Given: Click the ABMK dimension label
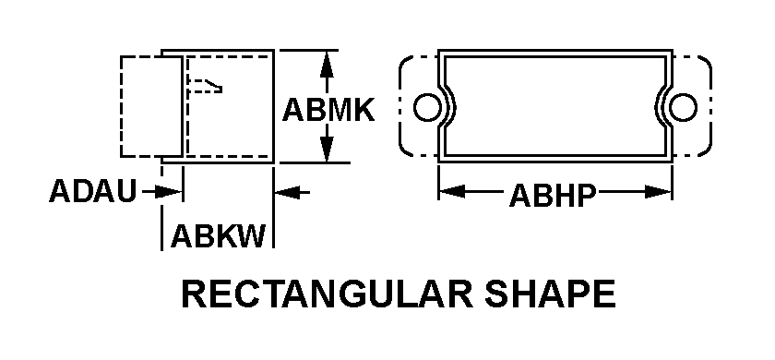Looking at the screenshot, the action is click(x=328, y=110).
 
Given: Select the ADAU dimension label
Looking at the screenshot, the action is click(x=92, y=191).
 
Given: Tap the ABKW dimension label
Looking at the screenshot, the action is click(x=218, y=235).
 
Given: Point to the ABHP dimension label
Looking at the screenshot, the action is click(x=552, y=197).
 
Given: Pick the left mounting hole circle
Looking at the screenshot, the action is click(x=426, y=107).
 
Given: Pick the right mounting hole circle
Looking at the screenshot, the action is click(x=684, y=107).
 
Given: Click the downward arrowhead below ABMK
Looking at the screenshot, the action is click(x=326, y=148).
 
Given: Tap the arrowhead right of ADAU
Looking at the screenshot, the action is click(x=169, y=191).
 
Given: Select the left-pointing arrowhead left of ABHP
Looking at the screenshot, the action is click(x=452, y=191).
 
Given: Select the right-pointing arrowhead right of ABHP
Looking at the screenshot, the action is click(x=659, y=191).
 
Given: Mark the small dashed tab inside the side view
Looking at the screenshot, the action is click(x=204, y=86).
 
